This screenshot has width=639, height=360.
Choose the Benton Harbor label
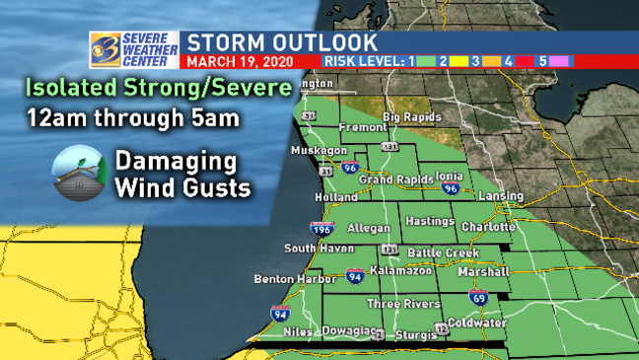(x=286, y=279)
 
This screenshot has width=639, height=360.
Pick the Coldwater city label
(x=475, y=323)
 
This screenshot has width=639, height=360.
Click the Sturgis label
(x=413, y=336)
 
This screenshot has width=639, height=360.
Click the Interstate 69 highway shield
(x=477, y=296)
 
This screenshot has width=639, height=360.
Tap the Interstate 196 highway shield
(x=321, y=230)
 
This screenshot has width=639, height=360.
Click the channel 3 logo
(x=104, y=47)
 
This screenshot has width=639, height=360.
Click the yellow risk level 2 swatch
(x=456, y=61)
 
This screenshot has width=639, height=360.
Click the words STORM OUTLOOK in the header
(x=282, y=42)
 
